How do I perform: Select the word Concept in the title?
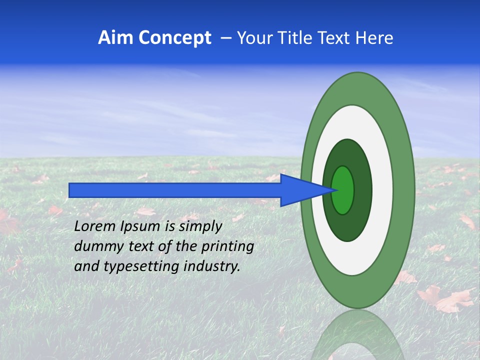click(x=174, y=38)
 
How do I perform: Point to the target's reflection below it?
click(x=357, y=335)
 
